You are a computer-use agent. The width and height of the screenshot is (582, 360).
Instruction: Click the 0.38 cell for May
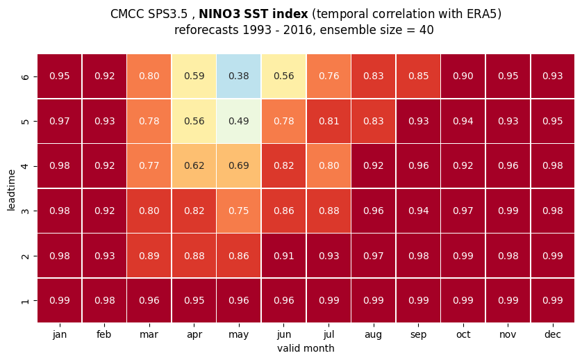pos(239,76)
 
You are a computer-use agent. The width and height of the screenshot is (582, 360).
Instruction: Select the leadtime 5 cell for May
pos(239,121)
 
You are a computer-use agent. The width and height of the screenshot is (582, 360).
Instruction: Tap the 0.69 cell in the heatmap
pos(239,166)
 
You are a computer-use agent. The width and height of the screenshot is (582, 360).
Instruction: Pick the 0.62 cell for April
pos(194,166)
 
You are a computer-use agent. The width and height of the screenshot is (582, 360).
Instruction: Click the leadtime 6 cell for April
pos(194,76)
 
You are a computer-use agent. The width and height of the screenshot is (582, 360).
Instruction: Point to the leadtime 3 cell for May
pos(239,211)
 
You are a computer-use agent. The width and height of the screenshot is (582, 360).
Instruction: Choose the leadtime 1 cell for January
pos(60,300)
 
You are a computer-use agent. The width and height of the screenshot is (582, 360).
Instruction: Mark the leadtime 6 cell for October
pos(463,76)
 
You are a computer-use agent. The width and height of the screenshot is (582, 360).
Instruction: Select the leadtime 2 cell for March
pos(149,256)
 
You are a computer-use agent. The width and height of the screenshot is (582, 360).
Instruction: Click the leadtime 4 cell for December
pos(553,166)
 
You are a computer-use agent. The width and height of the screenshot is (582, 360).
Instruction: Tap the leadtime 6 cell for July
pos(329,76)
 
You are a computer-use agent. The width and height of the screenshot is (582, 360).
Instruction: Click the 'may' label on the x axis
pos(239,335)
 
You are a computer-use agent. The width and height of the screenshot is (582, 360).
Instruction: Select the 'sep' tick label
pos(418,335)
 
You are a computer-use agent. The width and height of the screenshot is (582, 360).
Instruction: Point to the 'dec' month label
pos(553,334)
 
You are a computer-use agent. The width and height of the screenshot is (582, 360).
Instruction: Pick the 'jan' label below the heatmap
pos(60,335)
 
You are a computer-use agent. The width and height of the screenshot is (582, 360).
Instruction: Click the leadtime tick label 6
pos(25,77)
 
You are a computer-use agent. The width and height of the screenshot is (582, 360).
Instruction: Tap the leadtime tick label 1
pos(25,301)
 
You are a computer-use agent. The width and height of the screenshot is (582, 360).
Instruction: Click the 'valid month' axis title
pos(306,348)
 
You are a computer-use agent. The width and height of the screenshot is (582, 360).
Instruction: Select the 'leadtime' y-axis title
pos(11,190)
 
